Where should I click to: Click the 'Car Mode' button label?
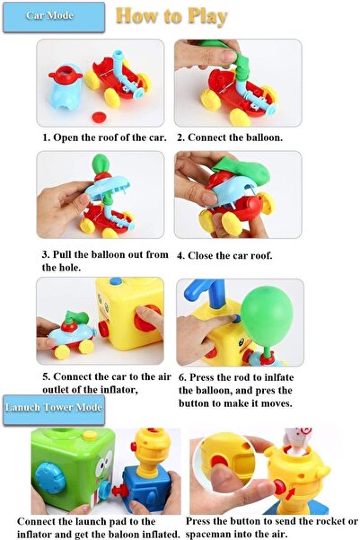pos(49,16)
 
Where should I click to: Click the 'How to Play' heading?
pos(171,16)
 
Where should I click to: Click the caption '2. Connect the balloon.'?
pos(229,138)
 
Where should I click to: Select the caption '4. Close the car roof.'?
pos(224,255)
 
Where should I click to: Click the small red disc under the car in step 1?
pos(98,115)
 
